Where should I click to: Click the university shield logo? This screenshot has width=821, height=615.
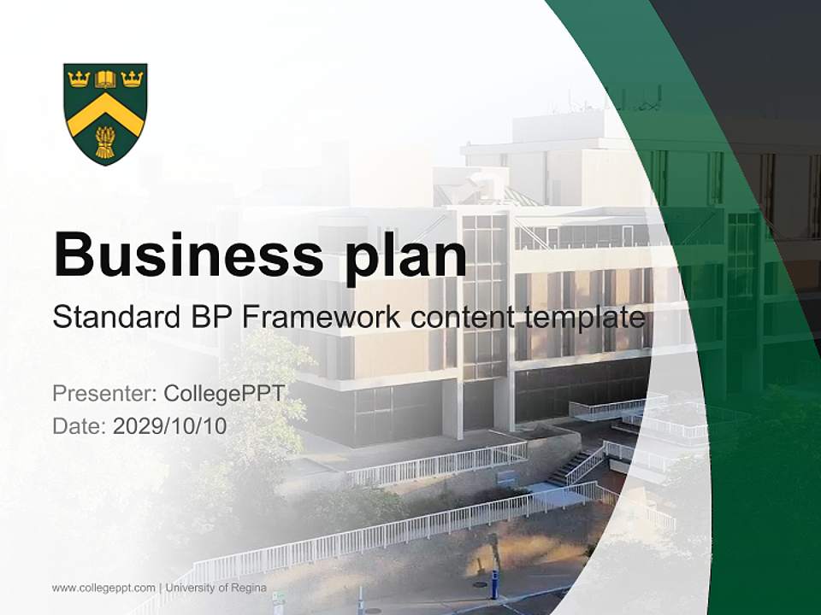tap(105, 113)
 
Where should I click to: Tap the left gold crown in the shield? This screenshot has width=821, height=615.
tap(80, 79)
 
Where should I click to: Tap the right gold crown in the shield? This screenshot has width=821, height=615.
tap(132, 79)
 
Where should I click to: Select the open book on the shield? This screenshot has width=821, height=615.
tap(105, 79)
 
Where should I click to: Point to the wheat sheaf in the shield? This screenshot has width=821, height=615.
tap(105, 142)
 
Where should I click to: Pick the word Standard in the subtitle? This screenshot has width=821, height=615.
tap(110, 318)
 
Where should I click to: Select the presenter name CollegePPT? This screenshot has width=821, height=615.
tap(223, 394)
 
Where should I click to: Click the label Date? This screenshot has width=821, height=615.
tap(80, 426)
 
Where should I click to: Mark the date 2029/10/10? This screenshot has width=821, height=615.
tap(170, 426)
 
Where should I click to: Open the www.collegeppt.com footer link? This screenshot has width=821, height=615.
tap(103, 588)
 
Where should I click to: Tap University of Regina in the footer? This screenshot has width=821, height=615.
tap(216, 588)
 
